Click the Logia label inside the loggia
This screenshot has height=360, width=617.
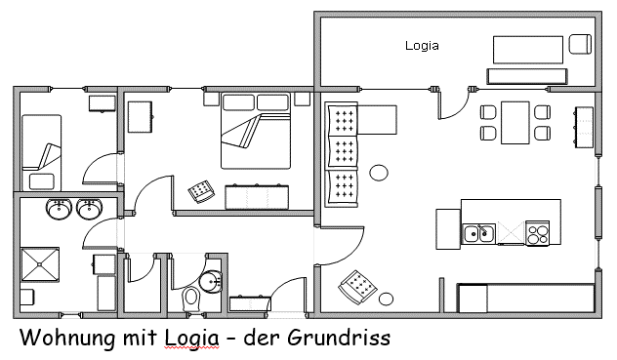click(422, 46)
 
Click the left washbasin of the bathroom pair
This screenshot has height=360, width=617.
click(58, 208)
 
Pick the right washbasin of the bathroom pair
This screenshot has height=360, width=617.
click(91, 208)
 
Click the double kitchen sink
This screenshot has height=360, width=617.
click(479, 233)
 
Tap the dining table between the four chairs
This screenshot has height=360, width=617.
click(514, 122)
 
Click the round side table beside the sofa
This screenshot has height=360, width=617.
click(379, 173)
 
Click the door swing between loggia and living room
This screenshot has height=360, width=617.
click(451, 104)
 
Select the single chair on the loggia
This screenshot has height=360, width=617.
click(580, 44)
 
